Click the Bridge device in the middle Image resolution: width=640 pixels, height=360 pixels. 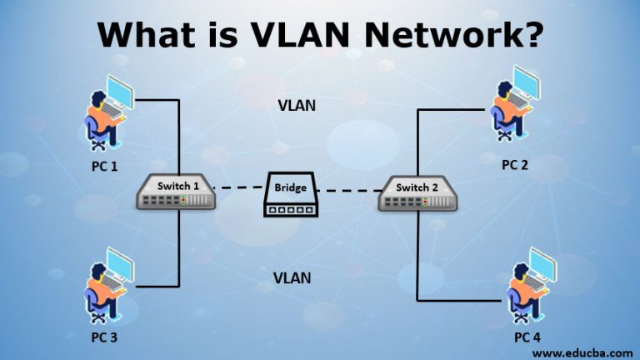[x=291, y=194]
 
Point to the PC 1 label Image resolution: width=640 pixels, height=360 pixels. [x=104, y=166]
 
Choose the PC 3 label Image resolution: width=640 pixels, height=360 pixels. [x=104, y=337]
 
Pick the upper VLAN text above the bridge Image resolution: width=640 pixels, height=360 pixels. [x=297, y=106]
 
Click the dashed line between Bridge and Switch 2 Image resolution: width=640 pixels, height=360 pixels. [x=348, y=191]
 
